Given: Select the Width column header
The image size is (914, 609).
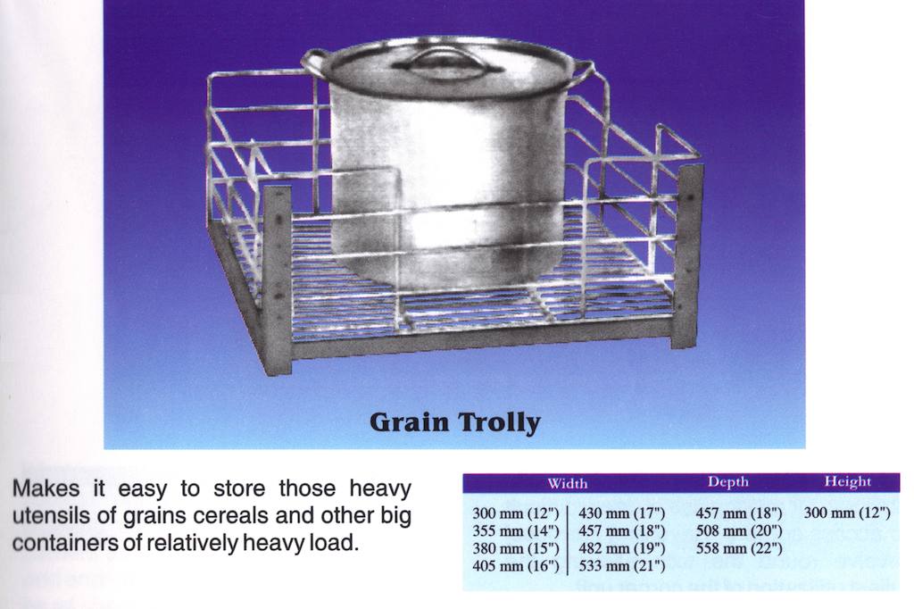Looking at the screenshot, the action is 567,484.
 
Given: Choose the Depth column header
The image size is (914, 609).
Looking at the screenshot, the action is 728,482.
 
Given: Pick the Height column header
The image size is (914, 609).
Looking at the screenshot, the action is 848,482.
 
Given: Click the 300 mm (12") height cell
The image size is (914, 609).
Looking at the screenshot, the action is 847,513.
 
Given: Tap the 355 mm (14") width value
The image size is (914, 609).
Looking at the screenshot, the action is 515,530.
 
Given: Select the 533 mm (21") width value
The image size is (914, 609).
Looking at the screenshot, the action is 622,566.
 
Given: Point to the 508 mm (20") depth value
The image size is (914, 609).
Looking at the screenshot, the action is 739,530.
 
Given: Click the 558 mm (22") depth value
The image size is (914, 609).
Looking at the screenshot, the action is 739,548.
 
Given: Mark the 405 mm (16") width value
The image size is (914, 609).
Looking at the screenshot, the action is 515,566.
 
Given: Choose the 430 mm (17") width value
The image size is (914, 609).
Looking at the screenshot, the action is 622,513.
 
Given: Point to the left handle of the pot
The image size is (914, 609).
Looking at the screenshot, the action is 313,61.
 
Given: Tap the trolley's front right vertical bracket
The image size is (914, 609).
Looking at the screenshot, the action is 687,256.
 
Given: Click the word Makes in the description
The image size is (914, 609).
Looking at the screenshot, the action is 46,488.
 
